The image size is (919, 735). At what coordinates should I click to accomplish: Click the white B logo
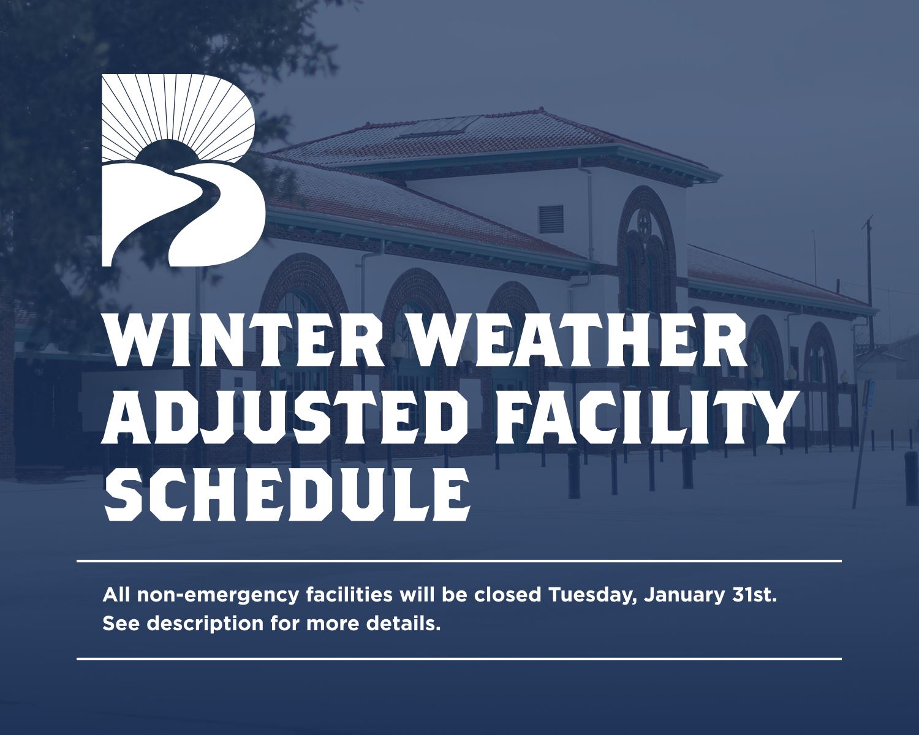click(x=183, y=170)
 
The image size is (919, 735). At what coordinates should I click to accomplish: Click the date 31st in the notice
click(x=754, y=595)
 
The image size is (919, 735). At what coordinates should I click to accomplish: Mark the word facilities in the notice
click(x=349, y=595)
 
